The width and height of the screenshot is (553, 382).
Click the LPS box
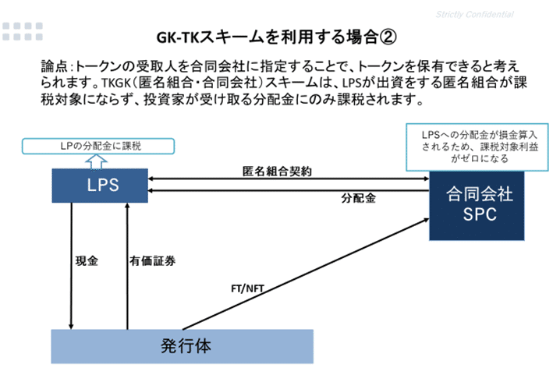coord(100,186)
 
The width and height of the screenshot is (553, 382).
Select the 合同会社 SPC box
coord(477,206)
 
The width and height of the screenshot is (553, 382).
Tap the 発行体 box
coord(182,346)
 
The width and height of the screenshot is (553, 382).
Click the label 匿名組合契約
coord(277,172)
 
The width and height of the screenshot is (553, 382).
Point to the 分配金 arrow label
coord(358,198)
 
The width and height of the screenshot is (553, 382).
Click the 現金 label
coord(87,261)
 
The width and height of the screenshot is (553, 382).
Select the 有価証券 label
coord(152,261)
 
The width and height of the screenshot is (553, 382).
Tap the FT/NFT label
coord(247,288)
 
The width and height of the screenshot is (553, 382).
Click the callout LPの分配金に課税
coord(98,146)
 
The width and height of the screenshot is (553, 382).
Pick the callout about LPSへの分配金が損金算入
coord(477,147)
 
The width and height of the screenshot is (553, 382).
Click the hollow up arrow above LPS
coord(96,161)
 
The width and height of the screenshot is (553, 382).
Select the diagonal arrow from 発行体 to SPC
coord(306,274)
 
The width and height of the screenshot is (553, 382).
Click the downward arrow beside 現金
coord(71,266)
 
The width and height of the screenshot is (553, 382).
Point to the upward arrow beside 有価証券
coord(127,266)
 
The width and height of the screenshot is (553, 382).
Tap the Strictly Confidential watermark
coord(475,15)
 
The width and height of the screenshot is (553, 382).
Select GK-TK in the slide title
coord(178,37)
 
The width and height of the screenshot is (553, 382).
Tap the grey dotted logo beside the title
coord(23,31)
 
